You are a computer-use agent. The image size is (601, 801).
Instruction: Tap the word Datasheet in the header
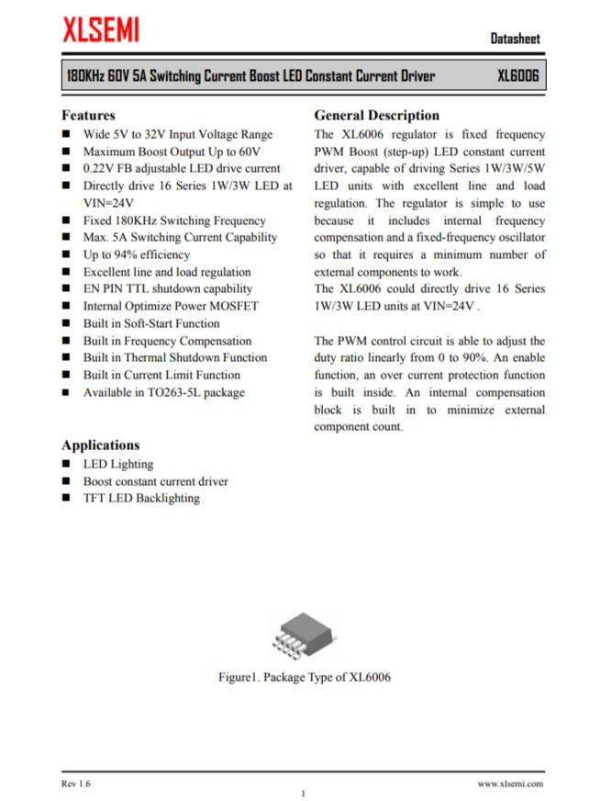515,39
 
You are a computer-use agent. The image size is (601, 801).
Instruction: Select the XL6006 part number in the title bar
518,75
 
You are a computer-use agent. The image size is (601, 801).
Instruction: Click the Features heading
88,116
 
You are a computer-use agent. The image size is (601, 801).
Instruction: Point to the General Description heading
376,116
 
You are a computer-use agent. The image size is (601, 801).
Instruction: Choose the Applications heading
101,445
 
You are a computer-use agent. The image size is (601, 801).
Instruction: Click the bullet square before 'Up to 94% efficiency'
67,255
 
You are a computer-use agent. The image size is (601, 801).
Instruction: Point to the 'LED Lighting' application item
118,464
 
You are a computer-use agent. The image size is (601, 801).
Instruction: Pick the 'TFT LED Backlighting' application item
141,498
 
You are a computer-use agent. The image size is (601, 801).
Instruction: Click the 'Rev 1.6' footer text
76,784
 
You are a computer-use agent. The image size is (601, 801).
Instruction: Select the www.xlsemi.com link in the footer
510,784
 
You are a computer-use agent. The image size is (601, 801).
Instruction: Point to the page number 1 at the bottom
303,794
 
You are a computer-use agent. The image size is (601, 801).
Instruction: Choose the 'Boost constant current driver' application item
156,481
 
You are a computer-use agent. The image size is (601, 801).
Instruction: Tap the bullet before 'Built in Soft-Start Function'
67,324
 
